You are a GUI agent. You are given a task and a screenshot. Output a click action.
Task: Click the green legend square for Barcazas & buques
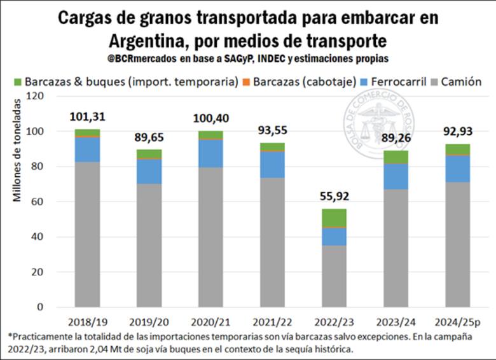(x=18, y=82)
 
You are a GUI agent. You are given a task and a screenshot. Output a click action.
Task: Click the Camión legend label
(x=461, y=82)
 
